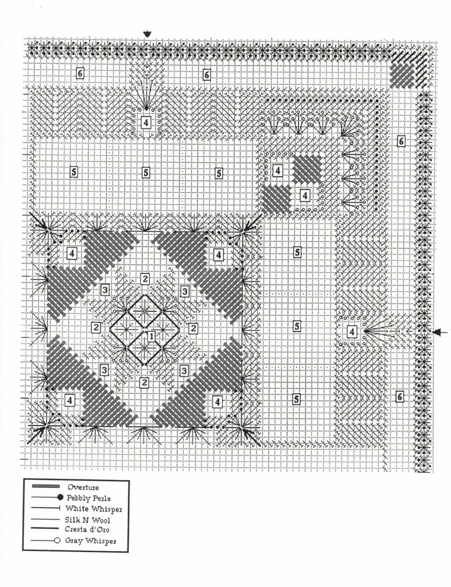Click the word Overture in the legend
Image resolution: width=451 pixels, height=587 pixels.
[x=83, y=487]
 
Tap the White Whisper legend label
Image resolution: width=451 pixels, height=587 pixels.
[x=92, y=509]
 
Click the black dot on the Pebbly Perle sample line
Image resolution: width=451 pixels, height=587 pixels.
[x=60, y=498]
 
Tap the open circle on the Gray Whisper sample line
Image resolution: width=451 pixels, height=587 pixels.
[x=56, y=541]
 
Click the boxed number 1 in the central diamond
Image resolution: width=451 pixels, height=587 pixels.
[x=151, y=336]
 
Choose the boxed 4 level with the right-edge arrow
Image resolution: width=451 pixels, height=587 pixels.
[x=352, y=332]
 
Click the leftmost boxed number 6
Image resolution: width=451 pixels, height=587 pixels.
[x=80, y=74]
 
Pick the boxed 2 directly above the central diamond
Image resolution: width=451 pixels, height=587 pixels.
[x=144, y=279]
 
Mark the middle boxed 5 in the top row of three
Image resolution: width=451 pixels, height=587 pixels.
[x=146, y=172]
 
